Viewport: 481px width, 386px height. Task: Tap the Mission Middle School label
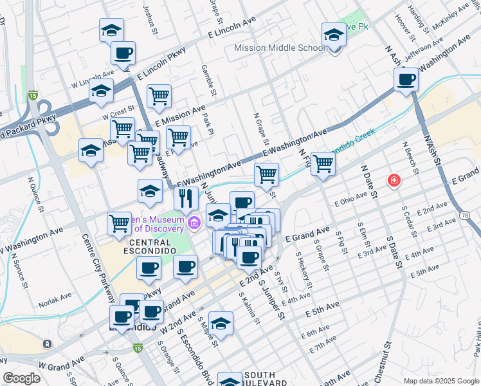[280, 48]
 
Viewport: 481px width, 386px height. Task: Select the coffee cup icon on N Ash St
[406, 80]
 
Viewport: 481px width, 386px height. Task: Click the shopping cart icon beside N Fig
[323, 164]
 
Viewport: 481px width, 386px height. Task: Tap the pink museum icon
[194, 223]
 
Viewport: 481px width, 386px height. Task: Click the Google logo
[21, 378]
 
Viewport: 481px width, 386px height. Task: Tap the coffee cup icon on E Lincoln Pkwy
[123, 53]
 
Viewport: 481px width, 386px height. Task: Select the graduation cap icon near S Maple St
[221, 324]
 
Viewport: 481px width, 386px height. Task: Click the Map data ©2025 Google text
[440, 380]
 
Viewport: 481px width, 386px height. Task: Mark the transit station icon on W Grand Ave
[47, 344]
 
